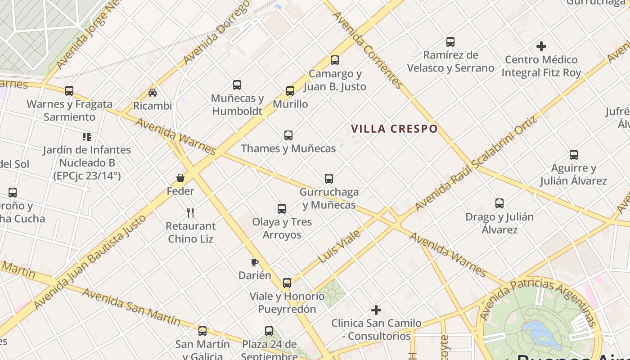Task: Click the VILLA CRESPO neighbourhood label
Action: pyautogui.click(x=394, y=129)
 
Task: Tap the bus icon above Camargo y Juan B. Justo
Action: pyautogui.click(x=334, y=60)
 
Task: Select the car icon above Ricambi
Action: pyautogui.click(x=153, y=93)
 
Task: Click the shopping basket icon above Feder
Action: pyautogui.click(x=180, y=178)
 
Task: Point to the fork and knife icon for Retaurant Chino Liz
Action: pyautogui.click(x=190, y=212)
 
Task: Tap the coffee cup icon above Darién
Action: pyautogui.click(x=255, y=262)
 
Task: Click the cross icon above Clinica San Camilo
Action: pyautogui.click(x=376, y=310)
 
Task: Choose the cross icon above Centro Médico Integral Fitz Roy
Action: pyautogui.click(x=541, y=46)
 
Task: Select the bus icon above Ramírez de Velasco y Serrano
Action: pyautogui.click(x=450, y=42)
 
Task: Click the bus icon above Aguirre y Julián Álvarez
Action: pyautogui.click(x=574, y=155)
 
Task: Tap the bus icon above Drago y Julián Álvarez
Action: pyautogui.click(x=499, y=203)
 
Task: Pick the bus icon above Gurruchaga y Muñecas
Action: pyautogui.click(x=329, y=179)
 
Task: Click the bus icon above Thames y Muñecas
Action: pyautogui.click(x=288, y=135)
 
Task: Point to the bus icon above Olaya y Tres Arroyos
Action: pyautogui.click(x=282, y=209)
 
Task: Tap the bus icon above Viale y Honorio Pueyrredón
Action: pyautogui.click(x=287, y=283)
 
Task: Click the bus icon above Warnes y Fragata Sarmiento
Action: pyautogui.click(x=69, y=91)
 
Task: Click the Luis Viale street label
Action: pyautogui.click(x=339, y=247)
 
